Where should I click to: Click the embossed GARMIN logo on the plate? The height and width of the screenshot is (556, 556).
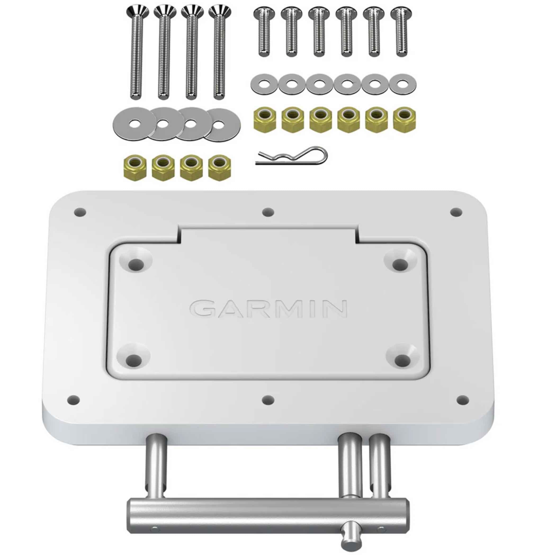click(x=268, y=309)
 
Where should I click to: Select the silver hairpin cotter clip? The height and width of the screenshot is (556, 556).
click(x=291, y=156)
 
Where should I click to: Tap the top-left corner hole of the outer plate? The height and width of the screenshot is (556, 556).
click(x=80, y=213)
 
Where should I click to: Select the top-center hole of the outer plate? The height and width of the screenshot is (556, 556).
click(x=268, y=212)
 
